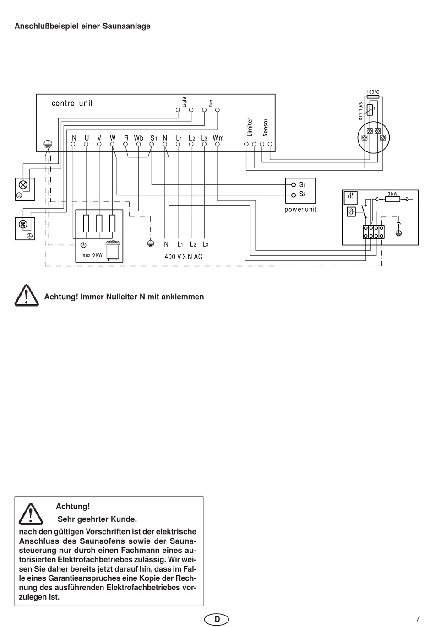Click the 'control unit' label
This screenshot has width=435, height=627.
coord(72,103)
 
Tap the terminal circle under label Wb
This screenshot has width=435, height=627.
coord(138,144)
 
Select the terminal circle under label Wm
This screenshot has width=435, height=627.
coord(217,144)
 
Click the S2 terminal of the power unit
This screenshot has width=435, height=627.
coord(294,195)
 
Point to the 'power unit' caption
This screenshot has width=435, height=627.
coord(300,209)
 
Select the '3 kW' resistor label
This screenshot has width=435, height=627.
coord(392,194)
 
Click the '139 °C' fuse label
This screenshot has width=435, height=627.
coord(373,92)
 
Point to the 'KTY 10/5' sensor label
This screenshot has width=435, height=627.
coord(361,111)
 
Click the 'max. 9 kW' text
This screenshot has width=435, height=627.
coord(92,255)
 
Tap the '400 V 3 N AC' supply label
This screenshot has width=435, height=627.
coord(184,257)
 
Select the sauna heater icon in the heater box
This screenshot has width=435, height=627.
coord(113,251)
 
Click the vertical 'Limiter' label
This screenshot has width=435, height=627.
coord(250,127)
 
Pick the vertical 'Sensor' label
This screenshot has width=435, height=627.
coord(266,128)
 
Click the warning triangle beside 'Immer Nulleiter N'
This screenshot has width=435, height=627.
coord(27,296)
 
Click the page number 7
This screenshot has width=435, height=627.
coord(418,618)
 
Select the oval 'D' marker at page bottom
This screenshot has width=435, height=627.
coord(217,619)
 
